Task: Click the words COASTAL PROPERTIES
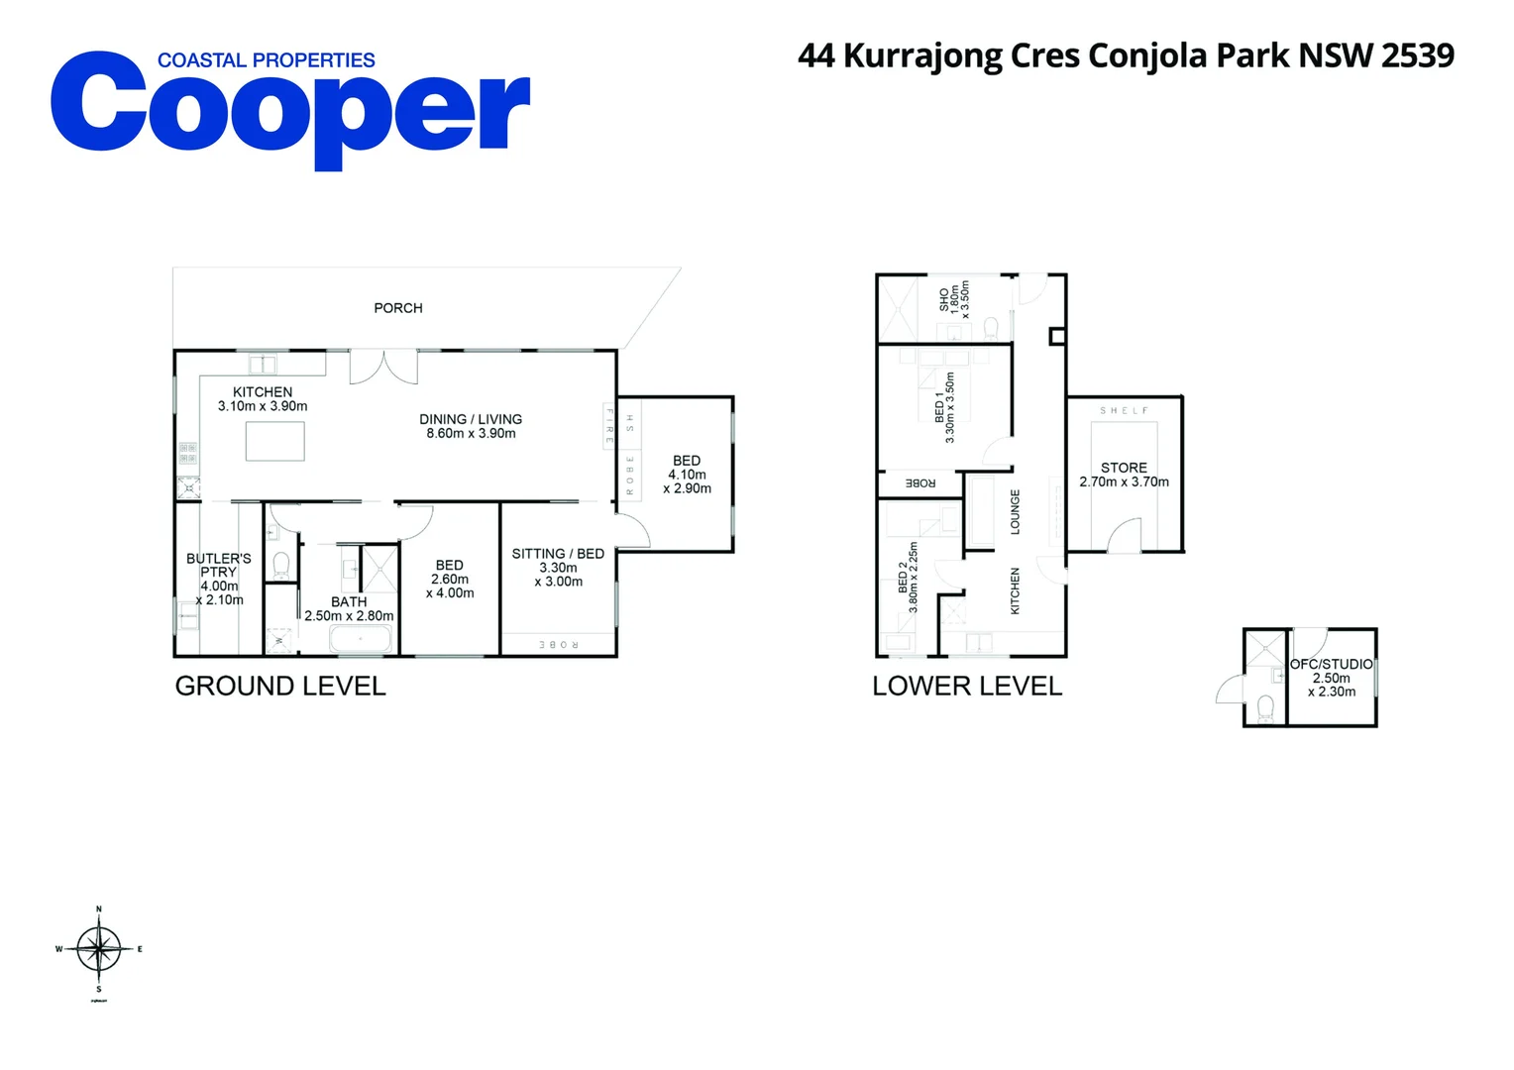coord(266,60)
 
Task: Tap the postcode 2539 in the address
coord(1417,55)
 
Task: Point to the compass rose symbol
coord(99,949)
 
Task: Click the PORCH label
coord(397,308)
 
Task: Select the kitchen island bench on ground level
coord(274,441)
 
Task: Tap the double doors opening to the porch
coord(383,367)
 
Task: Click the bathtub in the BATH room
coord(361,640)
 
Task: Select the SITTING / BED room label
coord(558,554)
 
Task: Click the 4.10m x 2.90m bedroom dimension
coord(687,481)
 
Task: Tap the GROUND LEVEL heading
coord(280,686)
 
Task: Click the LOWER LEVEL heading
coord(967,686)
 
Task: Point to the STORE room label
coord(1124,468)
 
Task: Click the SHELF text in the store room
coord(1124,410)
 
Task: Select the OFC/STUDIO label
coord(1331,664)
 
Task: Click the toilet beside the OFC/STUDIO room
coord(1264,707)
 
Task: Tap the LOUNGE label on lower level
coord(1015,511)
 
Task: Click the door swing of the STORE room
coord(1125,536)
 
